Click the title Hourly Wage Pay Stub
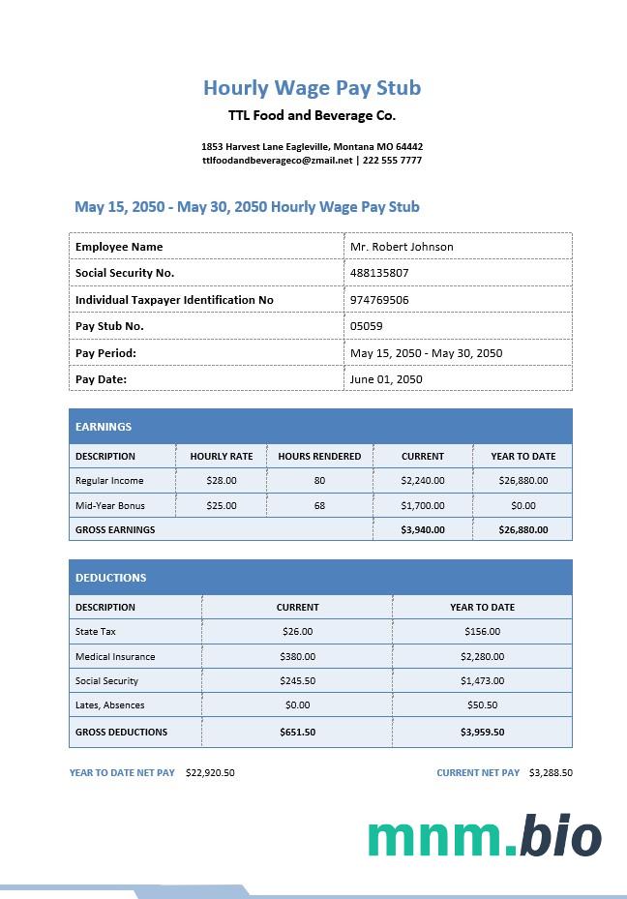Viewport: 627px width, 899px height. (312, 88)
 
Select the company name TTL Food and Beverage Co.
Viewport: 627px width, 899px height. (312, 115)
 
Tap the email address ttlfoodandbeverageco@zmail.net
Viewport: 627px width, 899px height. (278, 161)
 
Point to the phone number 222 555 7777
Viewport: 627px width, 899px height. (392, 161)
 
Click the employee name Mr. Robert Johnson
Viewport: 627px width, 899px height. (402, 247)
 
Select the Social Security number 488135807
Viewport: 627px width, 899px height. (379, 273)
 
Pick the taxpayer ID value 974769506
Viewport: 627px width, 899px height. (379, 300)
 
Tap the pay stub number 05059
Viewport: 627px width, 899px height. (366, 326)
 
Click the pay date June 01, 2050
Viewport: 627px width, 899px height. (386, 379)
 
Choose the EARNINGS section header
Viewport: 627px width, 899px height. (104, 427)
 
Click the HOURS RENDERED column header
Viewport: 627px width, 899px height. (319, 456)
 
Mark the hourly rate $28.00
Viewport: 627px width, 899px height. (222, 480)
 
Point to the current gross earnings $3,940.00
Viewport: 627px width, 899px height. (423, 529)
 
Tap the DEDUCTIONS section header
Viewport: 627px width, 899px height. (111, 578)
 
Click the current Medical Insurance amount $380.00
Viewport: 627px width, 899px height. (297, 656)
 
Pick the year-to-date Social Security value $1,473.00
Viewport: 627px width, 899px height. (482, 680)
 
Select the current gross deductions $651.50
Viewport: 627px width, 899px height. (297, 732)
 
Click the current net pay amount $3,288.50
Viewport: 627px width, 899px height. (551, 773)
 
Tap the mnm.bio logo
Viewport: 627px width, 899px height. (484, 837)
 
